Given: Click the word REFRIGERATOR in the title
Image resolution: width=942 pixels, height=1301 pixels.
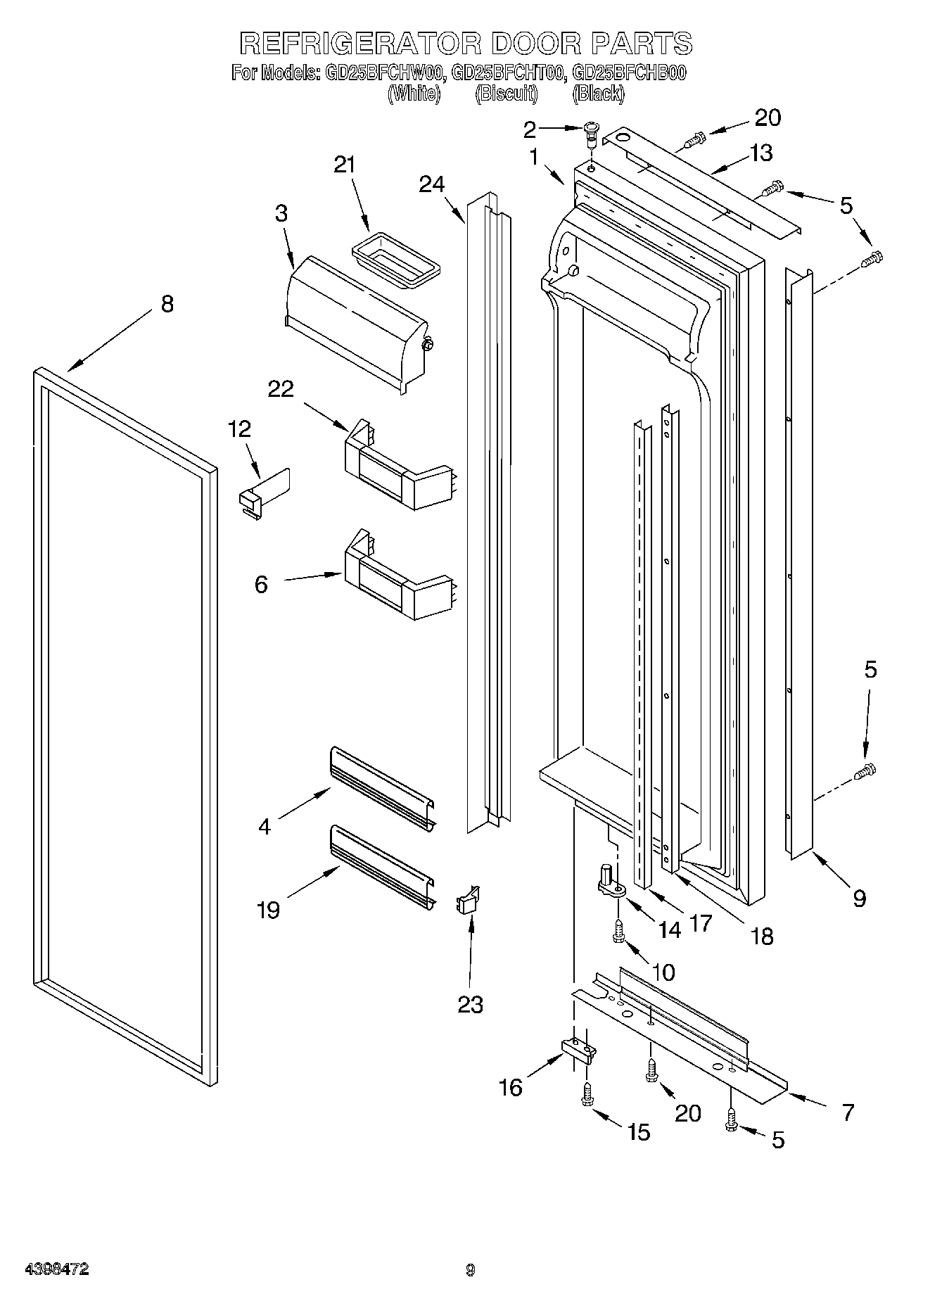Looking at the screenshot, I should (x=359, y=44).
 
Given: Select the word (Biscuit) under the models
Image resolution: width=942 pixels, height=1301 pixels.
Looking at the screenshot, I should (x=506, y=94).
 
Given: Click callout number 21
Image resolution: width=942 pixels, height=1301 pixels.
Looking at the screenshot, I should (x=344, y=165).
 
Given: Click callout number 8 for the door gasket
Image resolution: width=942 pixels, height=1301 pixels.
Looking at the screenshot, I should (x=167, y=304).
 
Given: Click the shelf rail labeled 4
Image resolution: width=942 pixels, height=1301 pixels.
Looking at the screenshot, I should (x=382, y=785).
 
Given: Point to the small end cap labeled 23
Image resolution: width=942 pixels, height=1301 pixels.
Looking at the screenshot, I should (x=467, y=900).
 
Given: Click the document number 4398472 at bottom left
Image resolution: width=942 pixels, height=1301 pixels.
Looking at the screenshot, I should (x=56, y=1269).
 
